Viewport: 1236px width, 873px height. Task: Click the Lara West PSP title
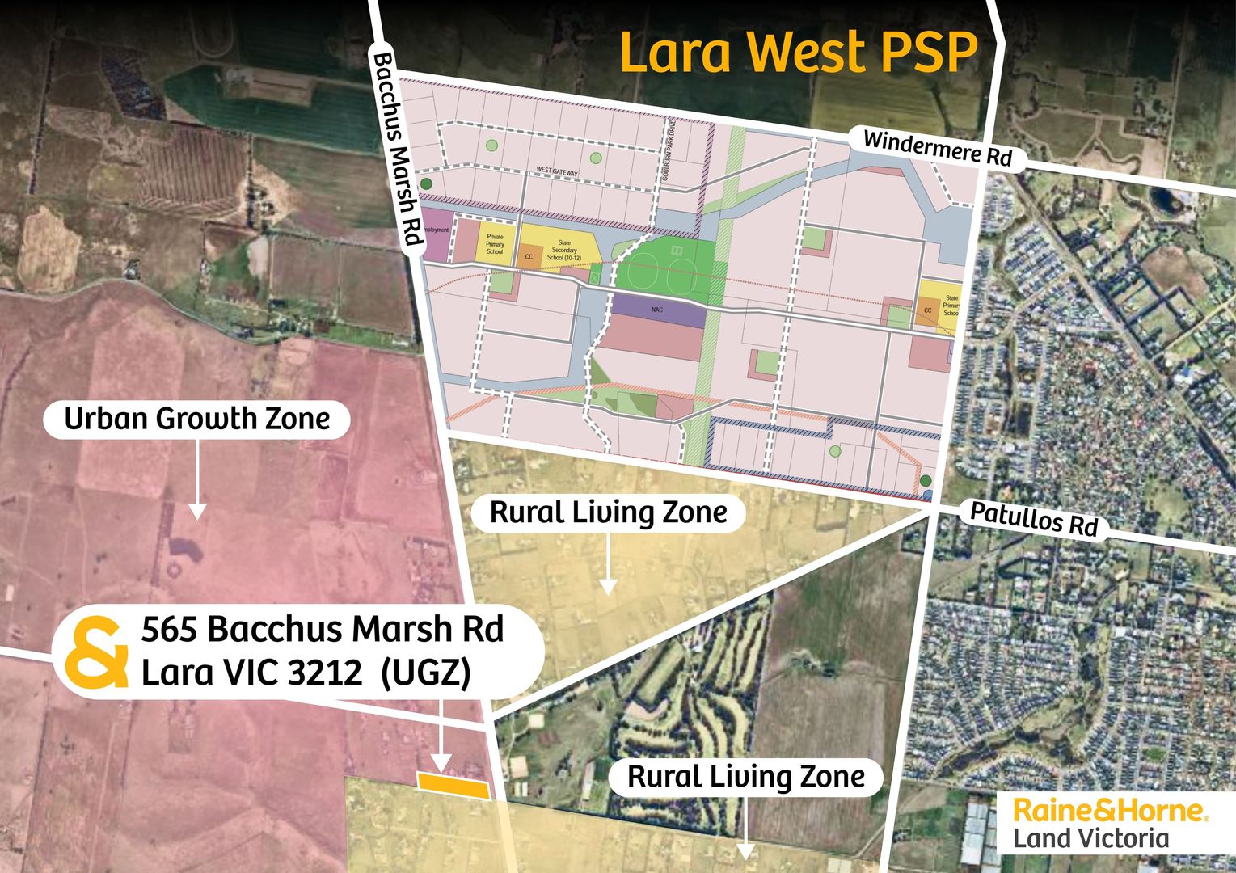click(798, 53)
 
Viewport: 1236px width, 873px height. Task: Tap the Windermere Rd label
click(937, 148)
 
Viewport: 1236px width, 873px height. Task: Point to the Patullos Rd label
click(1033, 518)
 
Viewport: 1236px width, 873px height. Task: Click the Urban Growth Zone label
click(196, 420)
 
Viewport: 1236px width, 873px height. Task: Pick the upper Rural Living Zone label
click(608, 512)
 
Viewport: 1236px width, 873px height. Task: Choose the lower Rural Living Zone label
click(745, 777)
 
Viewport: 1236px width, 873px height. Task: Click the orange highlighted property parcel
click(453, 784)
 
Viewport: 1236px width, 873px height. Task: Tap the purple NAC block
click(656, 310)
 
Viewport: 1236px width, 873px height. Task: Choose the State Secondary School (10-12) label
click(564, 250)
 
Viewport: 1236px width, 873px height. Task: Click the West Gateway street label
click(557, 171)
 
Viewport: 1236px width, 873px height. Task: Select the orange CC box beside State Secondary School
click(529, 257)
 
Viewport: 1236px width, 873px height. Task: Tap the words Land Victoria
click(1091, 837)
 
